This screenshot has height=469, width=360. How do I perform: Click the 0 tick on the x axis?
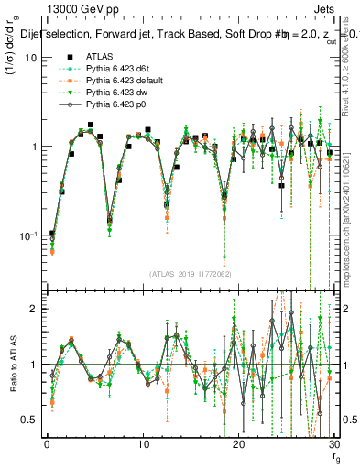click(x=47, y=446)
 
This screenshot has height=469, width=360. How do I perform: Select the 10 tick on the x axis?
click(x=142, y=446)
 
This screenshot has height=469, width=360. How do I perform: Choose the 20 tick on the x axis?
click(x=237, y=446)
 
